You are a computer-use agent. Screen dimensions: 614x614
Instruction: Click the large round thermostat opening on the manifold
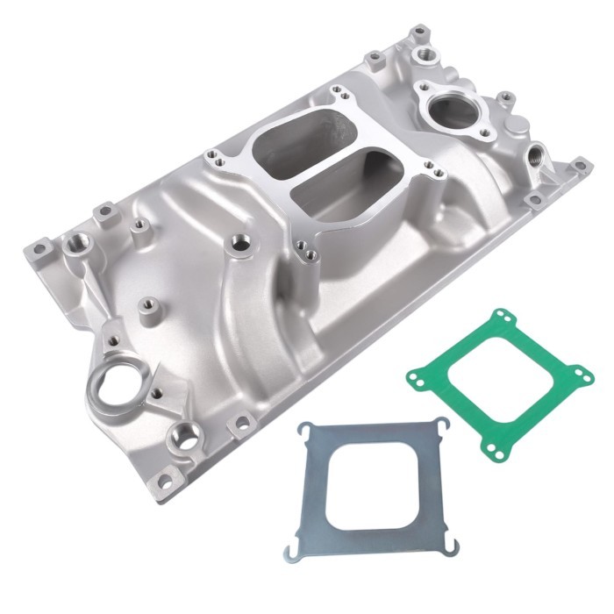[x=449, y=111]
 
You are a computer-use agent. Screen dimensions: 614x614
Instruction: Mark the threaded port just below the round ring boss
[x=186, y=433]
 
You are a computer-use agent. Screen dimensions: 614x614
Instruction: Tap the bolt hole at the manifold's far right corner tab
[x=578, y=164]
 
